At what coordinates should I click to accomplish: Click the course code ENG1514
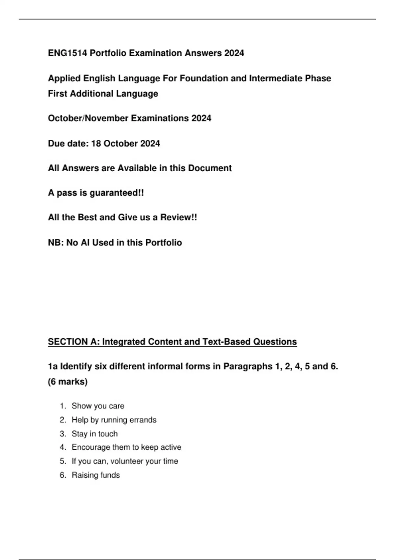67,53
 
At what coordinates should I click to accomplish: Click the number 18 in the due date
96,144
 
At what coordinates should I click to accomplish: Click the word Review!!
178,217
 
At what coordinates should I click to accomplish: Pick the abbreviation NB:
56,243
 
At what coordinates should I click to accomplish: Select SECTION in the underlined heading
67,342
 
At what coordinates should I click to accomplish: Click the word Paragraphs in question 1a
248,366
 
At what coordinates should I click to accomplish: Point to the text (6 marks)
68,381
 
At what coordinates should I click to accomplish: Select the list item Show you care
98,406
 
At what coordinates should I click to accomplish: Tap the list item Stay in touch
94,434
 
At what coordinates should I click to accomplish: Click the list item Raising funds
95,475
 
